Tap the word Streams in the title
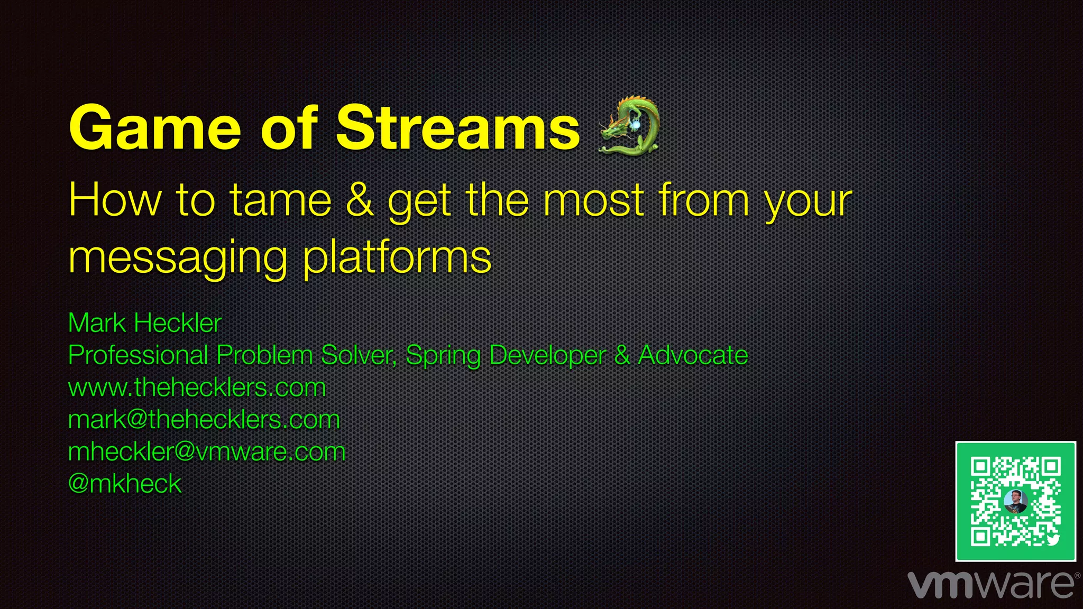(x=458, y=128)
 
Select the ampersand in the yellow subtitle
(x=360, y=201)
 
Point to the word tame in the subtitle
(x=280, y=201)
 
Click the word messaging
(x=178, y=258)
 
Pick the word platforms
(x=397, y=258)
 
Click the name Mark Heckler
(x=144, y=323)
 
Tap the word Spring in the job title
(x=443, y=355)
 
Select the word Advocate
(x=693, y=355)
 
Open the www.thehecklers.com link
(x=197, y=387)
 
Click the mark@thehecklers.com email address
(x=204, y=420)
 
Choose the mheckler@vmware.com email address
(x=207, y=452)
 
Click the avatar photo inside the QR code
(x=1015, y=501)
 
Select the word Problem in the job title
(x=264, y=355)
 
